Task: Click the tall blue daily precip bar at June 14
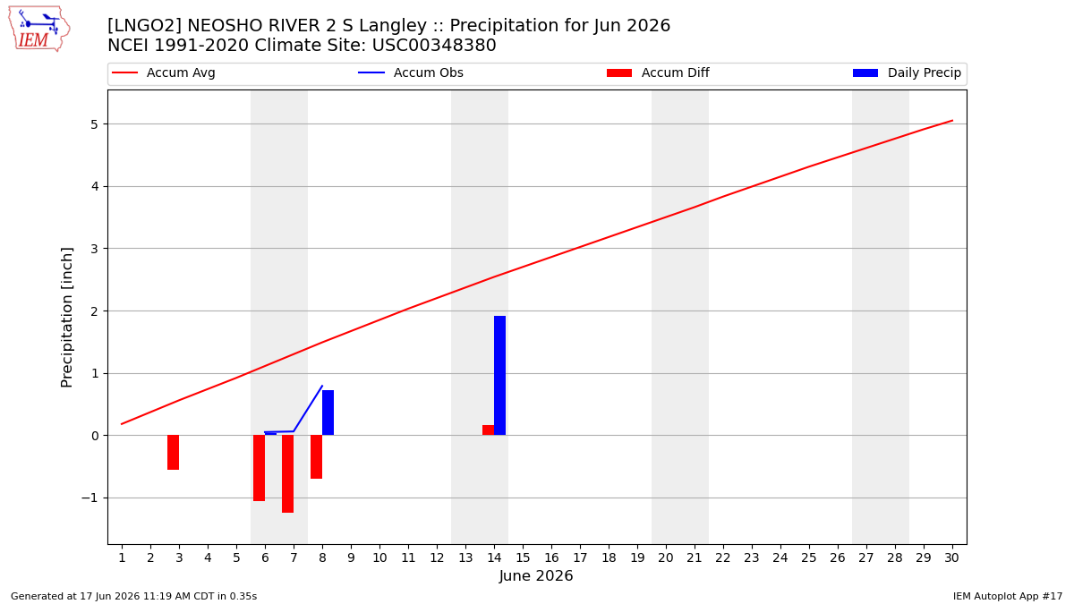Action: click(x=499, y=375)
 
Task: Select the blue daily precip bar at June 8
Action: click(x=328, y=413)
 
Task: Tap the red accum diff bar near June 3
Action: click(x=173, y=453)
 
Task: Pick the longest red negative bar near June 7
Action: click(x=287, y=474)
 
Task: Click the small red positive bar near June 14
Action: click(x=488, y=430)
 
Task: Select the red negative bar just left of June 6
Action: click(x=259, y=468)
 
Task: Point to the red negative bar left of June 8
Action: click(x=317, y=457)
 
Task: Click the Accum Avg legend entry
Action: click(x=164, y=72)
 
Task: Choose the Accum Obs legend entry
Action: click(x=411, y=72)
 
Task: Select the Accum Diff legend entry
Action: click(x=658, y=72)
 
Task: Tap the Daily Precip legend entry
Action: click(x=908, y=72)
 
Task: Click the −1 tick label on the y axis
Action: click(x=89, y=498)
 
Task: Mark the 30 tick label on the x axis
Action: click(x=951, y=557)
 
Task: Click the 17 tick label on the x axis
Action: click(x=580, y=557)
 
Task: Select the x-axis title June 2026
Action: click(x=536, y=575)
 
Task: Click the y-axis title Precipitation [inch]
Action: click(x=66, y=318)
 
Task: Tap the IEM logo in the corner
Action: click(x=39, y=29)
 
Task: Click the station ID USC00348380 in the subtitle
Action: click(x=434, y=45)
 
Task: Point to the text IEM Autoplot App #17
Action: click(x=1008, y=596)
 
